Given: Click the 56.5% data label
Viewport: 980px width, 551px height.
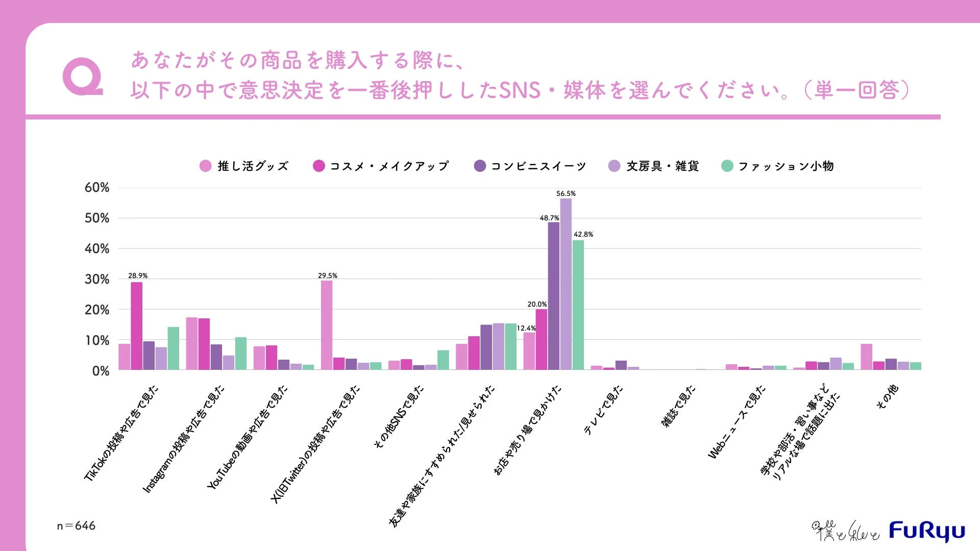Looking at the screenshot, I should click(x=566, y=194).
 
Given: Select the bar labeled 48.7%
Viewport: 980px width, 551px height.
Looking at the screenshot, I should click(x=553, y=296).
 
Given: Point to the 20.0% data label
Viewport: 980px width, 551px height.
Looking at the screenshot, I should click(x=537, y=304).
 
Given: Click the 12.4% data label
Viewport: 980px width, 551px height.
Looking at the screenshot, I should click(x=526, y=328).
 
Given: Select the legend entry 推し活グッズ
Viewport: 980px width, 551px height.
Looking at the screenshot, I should click(x=244, y=166).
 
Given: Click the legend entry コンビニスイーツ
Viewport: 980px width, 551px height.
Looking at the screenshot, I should click(x=530, y=166).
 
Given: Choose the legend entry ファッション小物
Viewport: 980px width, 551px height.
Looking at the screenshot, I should click(x=778, y=166).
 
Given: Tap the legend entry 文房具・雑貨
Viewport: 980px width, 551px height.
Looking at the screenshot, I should click(x=654, y=166).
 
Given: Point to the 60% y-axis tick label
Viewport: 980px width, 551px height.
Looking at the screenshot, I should click(x=97, y=188).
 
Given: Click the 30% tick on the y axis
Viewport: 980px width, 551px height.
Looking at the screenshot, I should click(x=97, y=279).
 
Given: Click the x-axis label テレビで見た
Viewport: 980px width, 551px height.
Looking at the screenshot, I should click(x=603, y=410).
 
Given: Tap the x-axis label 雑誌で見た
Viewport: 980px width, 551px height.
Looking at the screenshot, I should click(x=678, y=406).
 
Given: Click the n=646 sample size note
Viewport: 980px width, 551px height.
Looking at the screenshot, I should click(x=76, y=525).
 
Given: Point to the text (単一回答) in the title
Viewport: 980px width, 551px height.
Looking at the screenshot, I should click(x=857, y=90).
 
